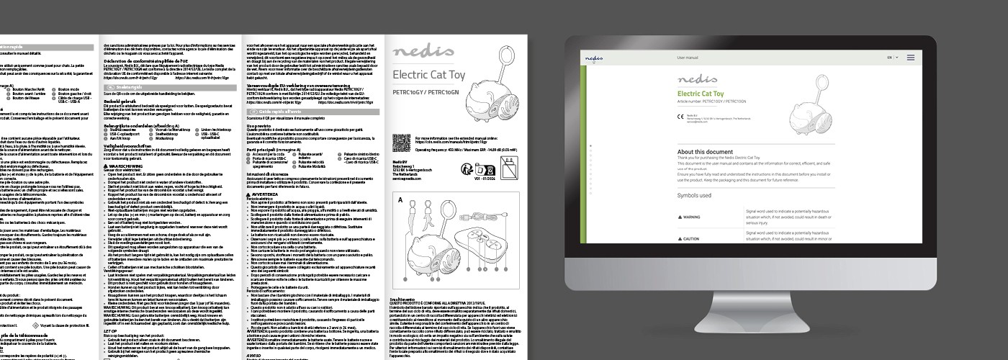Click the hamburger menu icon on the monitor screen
point(910,57)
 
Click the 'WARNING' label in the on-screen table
point(691,216)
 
